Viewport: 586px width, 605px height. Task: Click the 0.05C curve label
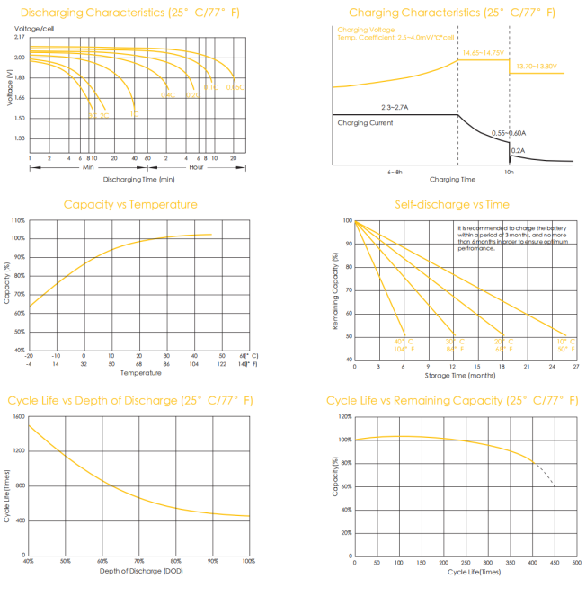pos(235,87)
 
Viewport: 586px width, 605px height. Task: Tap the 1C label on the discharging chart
pos(134,113)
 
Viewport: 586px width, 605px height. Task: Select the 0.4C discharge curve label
pos(167,94)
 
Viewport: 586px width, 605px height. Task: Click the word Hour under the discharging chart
pos(196,167)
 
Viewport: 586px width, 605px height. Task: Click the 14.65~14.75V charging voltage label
pos(484,54)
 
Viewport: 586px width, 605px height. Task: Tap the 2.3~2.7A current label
pos(395,107)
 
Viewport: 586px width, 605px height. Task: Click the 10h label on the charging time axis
pos(509,170)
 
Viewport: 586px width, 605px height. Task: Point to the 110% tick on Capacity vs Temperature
pos(18,219)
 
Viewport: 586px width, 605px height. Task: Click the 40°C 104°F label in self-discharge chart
pos(404,345)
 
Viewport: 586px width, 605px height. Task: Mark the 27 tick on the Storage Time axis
pos(575,367)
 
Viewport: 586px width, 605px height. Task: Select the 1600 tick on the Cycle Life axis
pos(18,417)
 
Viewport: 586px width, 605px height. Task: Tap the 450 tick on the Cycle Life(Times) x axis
pos(555,563)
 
